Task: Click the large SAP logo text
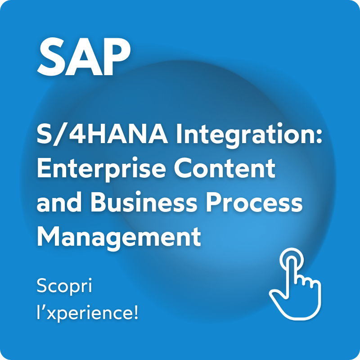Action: (84, 57)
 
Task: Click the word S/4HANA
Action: (102, 134)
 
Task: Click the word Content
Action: (225, 167)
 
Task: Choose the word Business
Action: (144, 201)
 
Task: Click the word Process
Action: (254, 202)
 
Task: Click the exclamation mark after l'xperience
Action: (136, 311)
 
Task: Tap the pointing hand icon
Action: (295, 284)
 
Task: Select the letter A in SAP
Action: (83, 57)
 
